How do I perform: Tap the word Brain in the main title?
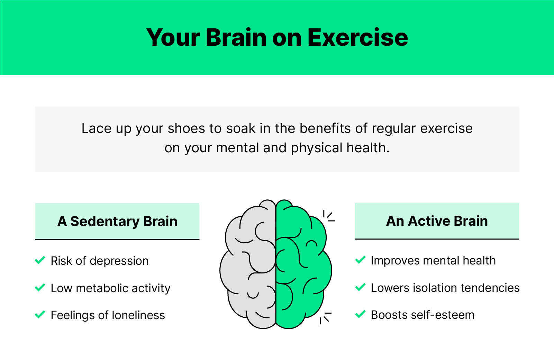click(x=236, y=37)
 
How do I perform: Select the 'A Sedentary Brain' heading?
click(x=117, y=221)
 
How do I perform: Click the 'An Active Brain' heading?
click(x=437, y=221)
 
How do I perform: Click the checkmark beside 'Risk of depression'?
click(x=40, y=260)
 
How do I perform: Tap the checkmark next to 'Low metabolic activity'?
click(x=40, y=287)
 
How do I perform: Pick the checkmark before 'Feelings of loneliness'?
click(x=40, y=314)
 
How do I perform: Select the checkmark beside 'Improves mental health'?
click(x=360, y=260)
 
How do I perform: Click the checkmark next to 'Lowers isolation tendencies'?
click(x=360, y=287)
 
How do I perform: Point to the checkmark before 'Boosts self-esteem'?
click(x=360, y=314)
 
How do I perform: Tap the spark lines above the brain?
click(x=329, y=216)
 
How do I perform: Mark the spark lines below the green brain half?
click(x=325, y=317)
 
